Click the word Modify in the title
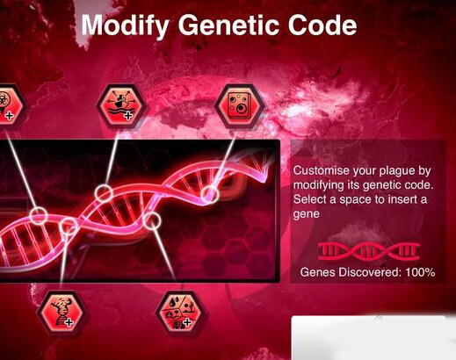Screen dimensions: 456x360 pos(125,25)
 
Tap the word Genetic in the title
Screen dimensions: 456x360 pos(228,25)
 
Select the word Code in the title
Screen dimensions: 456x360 pos(322,25)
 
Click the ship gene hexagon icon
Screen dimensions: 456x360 pos(121,106)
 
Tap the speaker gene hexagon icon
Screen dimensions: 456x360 pos(240,106)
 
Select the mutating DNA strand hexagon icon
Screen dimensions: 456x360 pos(62,313)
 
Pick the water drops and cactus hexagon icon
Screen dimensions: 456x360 pos(181,313)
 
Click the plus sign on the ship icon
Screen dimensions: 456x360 pos(128,116)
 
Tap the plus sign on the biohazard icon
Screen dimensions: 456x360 pos(10,116)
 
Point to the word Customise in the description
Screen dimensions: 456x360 pos(322,170)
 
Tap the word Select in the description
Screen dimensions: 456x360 pos(310,199)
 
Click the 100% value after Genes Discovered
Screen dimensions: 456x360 pos(420,272)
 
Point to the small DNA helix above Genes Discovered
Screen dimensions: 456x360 pos(369,251)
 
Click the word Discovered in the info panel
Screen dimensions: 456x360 pos(370,272)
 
